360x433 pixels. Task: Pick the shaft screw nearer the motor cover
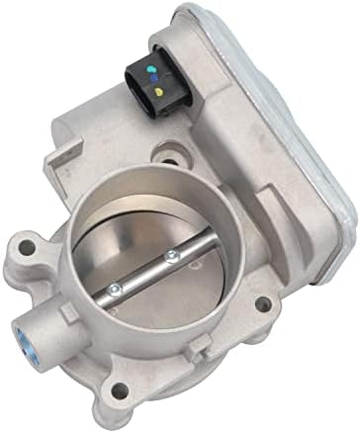(x=173, y=257)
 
